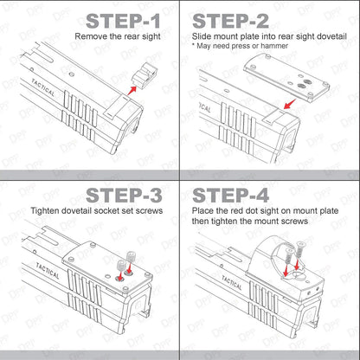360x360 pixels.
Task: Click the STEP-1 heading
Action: pyautogui.click(x=123, y=21)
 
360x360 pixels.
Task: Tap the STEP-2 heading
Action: pyautogui.click(x=230, y=21)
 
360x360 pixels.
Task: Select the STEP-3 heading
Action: pyautogui.click(x=124, y=196)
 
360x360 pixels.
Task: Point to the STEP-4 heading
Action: pyautogui.click(x=231, y=196)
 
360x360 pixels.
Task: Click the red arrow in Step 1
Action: pyautogui.click(x=132, y=90)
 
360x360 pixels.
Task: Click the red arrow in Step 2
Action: pyautogui.click(x=290, y=104)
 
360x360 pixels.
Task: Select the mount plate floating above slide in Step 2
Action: pyautogui.click(x=286, y=77)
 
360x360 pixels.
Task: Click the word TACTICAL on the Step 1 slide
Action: pyautogui.click(x=43, y=87)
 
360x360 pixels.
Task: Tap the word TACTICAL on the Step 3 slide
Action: pyautogui.click(x=48, y=271)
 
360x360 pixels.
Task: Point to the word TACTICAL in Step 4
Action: pyautogui.click(x=232, y=283)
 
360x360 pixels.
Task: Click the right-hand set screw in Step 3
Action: pyautogui.click(x=132, y=256)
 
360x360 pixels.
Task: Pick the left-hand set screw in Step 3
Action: pyautogui.click(x=121, y=265)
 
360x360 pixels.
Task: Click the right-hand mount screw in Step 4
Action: pyautogui.click(x=299, y=249)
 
